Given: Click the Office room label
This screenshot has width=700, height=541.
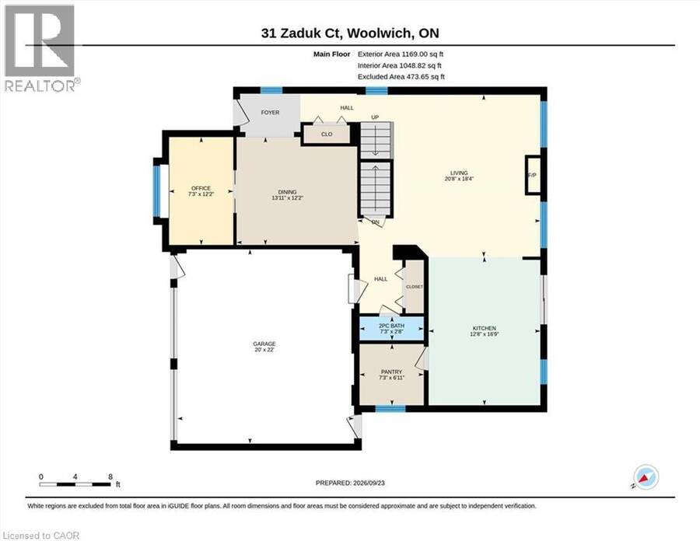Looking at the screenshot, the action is [201, 188].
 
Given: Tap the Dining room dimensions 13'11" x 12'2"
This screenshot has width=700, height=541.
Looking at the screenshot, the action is [288, 197].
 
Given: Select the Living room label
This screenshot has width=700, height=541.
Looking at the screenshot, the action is [459, 173].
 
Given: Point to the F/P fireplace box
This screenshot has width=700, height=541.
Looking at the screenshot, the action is [533, 175].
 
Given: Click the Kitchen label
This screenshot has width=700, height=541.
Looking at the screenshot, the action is [485, 328].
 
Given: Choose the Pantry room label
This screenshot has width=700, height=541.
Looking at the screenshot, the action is [391, 372].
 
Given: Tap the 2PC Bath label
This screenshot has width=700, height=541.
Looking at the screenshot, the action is [391, 326].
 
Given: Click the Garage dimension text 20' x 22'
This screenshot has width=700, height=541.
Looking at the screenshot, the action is [264, 350].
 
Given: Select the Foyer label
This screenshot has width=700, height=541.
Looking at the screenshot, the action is [270, 113].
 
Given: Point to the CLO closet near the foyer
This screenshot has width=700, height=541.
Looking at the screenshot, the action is [327, 134].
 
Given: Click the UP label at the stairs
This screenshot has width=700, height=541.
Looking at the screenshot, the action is [375, 117].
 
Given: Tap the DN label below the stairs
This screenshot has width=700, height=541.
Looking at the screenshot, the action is [375, 222].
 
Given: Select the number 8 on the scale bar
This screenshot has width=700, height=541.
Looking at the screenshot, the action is [110, 476].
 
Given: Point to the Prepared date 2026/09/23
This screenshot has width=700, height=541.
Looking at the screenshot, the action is [350, 483].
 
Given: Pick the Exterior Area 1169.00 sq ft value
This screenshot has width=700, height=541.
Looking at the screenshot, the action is [422, 54].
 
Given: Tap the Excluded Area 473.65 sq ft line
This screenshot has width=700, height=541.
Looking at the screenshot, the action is [401, 77].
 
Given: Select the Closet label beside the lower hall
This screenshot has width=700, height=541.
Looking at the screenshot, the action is [415, 287].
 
